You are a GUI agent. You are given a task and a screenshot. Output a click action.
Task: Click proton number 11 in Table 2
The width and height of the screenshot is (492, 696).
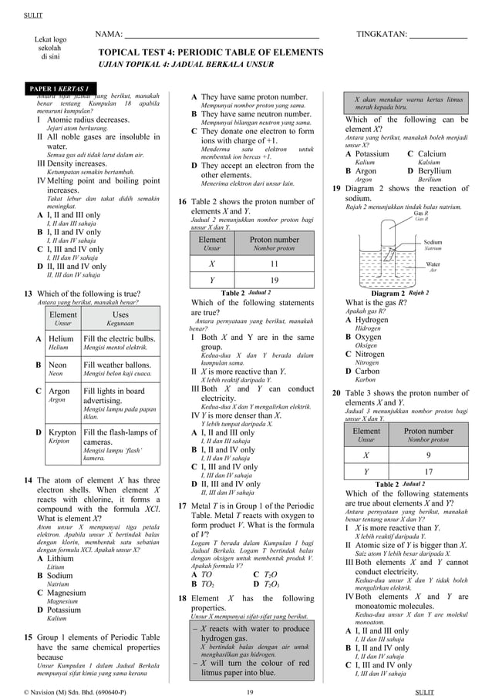(275, 263)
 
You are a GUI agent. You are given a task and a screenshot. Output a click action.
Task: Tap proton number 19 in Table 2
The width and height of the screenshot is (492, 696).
(275, 280)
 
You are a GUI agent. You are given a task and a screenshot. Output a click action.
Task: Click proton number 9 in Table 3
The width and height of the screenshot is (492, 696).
(429, 455)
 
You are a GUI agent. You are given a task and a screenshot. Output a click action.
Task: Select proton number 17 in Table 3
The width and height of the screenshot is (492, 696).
(429, 471)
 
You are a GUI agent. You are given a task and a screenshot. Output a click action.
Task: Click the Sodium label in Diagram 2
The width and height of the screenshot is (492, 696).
(433, 241)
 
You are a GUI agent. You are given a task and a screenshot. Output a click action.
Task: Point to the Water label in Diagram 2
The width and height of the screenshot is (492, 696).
(433, 264)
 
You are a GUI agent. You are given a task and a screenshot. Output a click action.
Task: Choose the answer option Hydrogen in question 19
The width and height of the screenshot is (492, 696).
(371, 320)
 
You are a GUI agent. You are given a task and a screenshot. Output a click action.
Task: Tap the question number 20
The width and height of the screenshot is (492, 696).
(336, 393)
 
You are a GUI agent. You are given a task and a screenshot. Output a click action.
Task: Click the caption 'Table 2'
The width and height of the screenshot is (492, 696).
(232, 293)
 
